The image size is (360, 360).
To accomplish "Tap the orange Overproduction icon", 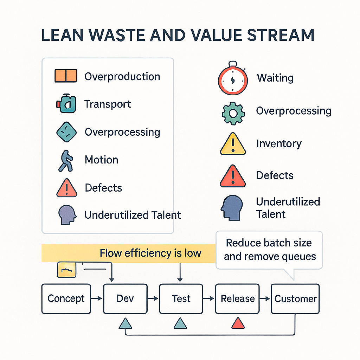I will [x=66, y=76].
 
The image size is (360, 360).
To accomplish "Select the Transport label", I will [x=108, y=104].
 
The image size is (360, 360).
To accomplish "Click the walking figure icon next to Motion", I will [x=66, y=161].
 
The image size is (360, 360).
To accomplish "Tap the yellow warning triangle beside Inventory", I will [x=232, y=144].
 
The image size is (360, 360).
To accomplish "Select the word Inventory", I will [x=278, y=144].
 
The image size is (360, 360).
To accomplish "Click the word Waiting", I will [x=275, y=78].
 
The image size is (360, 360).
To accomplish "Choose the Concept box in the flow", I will [x=66, y=298].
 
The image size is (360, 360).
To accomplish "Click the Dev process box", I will [x=125, y=298].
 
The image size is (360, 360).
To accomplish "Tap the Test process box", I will [x=181, y=298].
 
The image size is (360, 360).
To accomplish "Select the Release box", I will [x=238, y=298].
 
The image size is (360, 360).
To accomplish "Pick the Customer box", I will [x=295, y=298].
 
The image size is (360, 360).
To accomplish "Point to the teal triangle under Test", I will [x=180, y=323].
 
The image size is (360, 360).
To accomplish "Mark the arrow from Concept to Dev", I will [x=97, y=298].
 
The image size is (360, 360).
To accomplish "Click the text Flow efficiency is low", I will [x=150, y=253].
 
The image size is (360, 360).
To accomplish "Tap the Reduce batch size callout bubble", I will [x=269, y=250].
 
